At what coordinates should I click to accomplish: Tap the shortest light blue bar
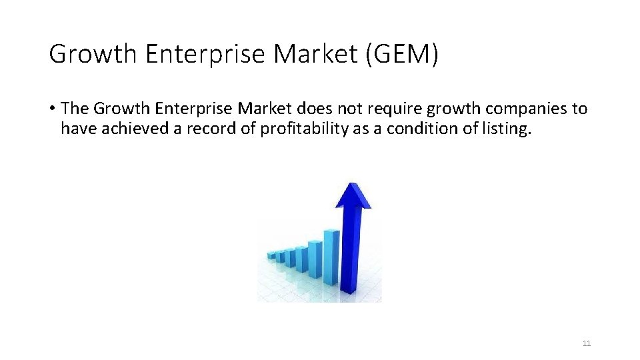(x=271, y=255)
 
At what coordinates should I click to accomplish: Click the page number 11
(x=587, y=343)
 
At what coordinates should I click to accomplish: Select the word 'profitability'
(x=304, y=129)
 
